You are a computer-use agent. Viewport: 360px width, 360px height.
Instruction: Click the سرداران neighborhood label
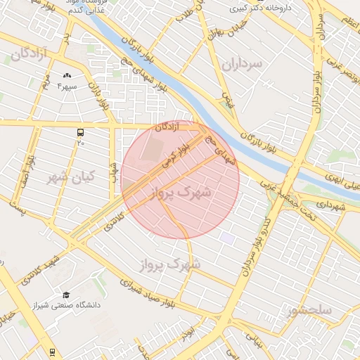click(241, 64)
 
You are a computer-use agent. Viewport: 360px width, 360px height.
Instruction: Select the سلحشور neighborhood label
click(310, 309)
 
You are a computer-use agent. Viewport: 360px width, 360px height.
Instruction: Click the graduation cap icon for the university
click(66, 295)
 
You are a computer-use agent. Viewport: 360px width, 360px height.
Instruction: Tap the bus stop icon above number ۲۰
click(81, 131)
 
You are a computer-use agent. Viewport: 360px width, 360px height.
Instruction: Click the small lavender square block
click(226, 238)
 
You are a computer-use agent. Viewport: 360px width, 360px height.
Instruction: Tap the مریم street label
click(44, 87)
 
